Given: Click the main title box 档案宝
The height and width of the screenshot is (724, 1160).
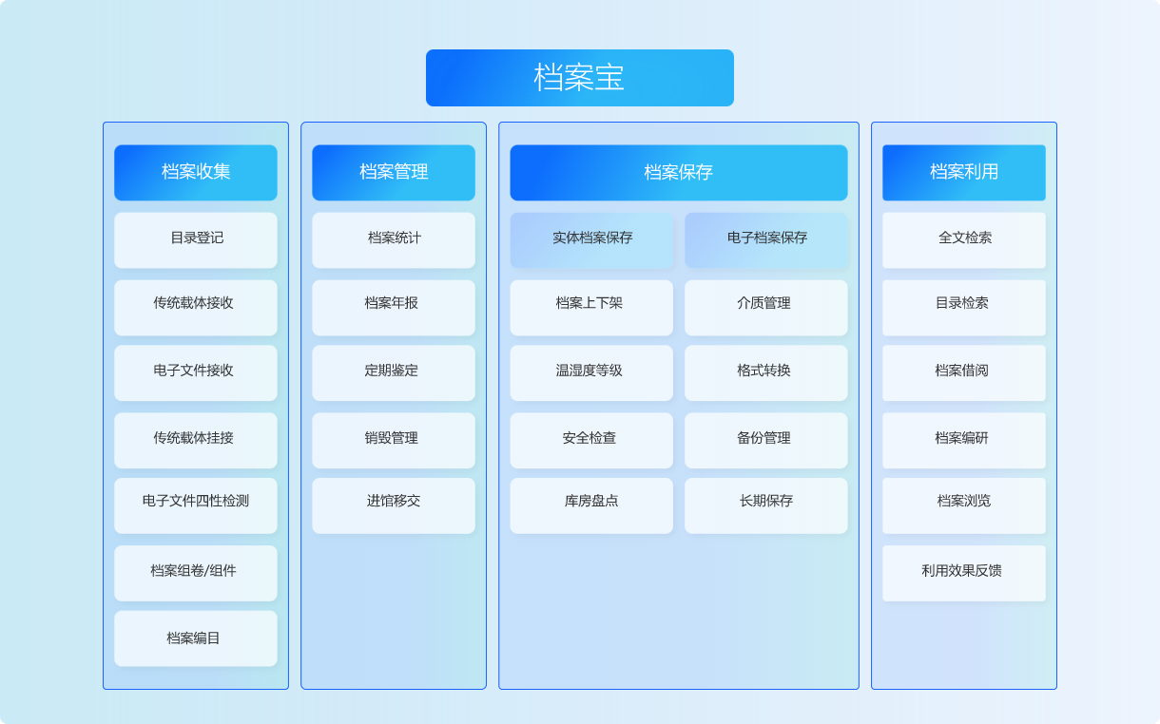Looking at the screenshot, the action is (x=579, y=78).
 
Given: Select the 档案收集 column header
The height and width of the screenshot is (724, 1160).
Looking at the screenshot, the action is (x=196, y=172).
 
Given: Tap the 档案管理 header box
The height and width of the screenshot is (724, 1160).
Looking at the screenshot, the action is (x=394, y=172).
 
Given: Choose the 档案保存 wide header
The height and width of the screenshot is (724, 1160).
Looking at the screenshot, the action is (x=678, y=172).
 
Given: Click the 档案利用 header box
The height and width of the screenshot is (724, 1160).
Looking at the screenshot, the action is (x=964, y=172).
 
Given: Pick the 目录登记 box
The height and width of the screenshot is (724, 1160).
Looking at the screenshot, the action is (x=196, y=240).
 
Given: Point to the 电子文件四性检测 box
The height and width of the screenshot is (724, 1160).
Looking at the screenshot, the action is (x=196, y=505).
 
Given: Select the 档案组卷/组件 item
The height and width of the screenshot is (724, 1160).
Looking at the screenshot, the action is (x=196, y=573).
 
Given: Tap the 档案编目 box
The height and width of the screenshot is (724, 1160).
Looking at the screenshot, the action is (x=196, y=638).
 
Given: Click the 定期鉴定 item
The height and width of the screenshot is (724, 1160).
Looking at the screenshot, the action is (x=394, y=372).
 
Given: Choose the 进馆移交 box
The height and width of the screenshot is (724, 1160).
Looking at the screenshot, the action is (x=394, y=505).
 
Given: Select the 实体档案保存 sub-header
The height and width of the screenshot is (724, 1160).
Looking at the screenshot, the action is (x=591, y=240).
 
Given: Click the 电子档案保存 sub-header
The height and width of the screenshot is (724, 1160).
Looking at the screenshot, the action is (x=766, y=240).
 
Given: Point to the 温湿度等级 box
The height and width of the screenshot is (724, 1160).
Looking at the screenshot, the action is (x=591, y=372).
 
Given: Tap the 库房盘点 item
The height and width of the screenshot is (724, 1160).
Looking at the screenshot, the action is (x=591, y=505).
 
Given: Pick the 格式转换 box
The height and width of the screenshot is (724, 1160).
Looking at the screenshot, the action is (x=766, y=372).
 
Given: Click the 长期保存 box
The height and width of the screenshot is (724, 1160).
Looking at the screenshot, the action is (x=766, y=505).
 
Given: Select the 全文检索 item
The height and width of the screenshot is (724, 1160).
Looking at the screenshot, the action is (x=964, y=240).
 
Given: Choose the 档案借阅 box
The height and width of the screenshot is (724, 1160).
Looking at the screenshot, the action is (x=964, y=372).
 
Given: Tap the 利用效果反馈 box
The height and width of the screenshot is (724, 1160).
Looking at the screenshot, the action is (x=964, y=573).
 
